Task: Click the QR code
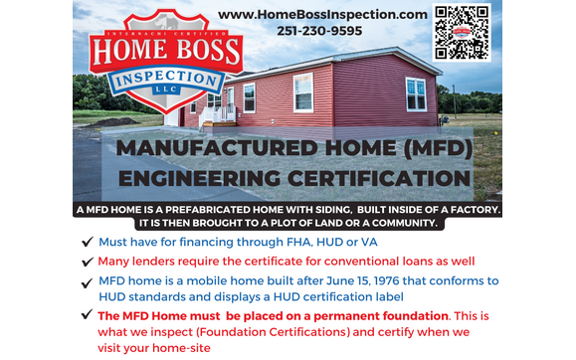point(463,33)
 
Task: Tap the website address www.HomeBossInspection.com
point(323,14)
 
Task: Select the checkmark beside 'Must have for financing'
point(89,242)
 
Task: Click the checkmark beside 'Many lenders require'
point(89,261)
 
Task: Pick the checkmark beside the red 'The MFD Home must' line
point(89,315)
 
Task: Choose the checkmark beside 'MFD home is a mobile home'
point(89,281)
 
